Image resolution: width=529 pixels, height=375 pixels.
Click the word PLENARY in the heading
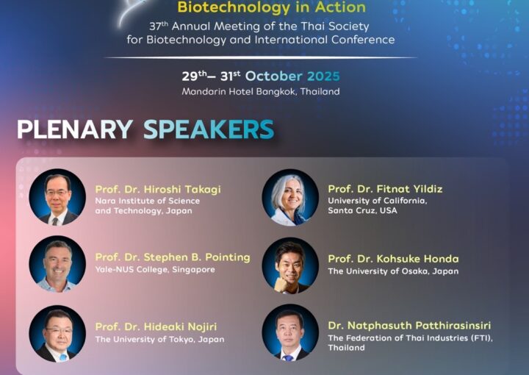pos(74,129)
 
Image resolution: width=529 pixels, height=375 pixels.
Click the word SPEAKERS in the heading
pos(209,129)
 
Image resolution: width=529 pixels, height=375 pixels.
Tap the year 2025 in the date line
pos(323,76)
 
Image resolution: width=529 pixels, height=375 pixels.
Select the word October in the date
pos(273,76)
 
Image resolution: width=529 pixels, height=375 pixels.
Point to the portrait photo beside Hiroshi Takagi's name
pos(57,197)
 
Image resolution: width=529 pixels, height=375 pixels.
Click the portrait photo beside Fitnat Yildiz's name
pos(290,198)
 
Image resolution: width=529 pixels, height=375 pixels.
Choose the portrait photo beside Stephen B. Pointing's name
pos(57,264)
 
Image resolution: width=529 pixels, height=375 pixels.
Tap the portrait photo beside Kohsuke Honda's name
pos(290,265)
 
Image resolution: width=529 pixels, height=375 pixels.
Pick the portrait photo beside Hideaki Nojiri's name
pos(57,334)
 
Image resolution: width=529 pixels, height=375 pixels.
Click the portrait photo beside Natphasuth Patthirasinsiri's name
pos(290,332)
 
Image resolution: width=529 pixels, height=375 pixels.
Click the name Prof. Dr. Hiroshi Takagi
pos(158,190)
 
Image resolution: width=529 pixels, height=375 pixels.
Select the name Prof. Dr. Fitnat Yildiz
pos(385,189)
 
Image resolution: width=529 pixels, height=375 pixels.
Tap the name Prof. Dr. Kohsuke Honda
pos(393,259)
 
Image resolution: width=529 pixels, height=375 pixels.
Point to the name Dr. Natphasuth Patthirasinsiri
pos(409,326)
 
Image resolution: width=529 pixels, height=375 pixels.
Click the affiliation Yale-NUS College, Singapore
pos(155,270)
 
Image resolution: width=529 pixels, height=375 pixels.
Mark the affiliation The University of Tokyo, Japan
pos(159,339)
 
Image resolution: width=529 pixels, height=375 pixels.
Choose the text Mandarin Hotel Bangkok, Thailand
pos(261,91)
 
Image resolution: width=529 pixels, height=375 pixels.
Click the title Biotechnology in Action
pos(272,7)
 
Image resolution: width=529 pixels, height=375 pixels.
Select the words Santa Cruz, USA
pos(362,210)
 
